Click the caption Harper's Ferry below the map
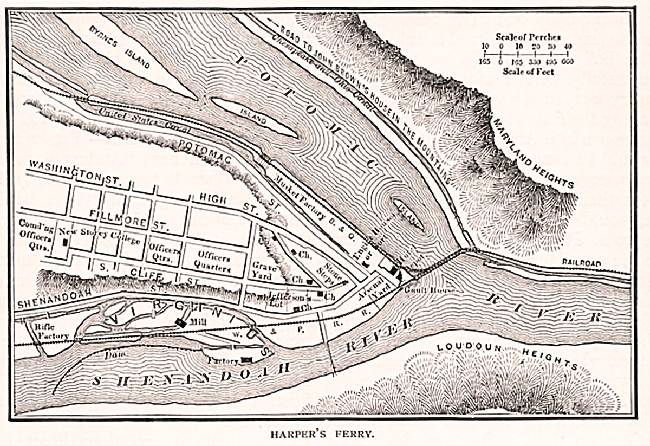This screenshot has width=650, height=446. tap(323, 434)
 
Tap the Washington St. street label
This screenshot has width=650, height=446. tap(64, 170)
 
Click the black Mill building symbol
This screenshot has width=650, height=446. tap(179, 321)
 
